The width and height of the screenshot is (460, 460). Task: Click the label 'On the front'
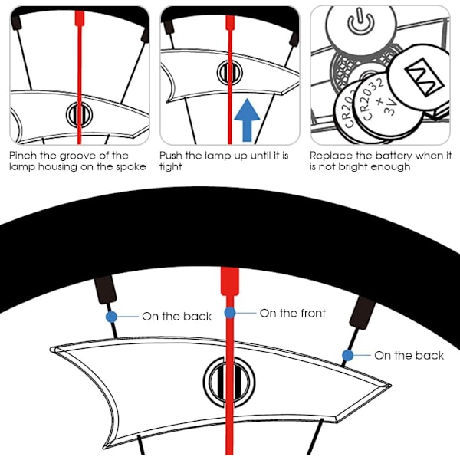(x=292, y=313)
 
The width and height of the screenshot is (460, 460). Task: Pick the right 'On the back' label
(x=409, y=355)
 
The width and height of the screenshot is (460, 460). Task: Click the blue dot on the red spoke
(x=230, y=313)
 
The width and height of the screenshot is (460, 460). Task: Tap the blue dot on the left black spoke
(x=112, y=316)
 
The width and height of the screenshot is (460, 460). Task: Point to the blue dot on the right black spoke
(x=348, y=355)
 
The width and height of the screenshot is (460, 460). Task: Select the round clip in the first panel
(x=77, y=114)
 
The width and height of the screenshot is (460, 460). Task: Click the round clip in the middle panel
(x=228, y=72)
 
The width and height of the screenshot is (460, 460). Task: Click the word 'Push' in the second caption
(x=172, y=156)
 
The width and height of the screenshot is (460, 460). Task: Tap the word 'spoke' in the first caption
(x=128, y=166)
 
